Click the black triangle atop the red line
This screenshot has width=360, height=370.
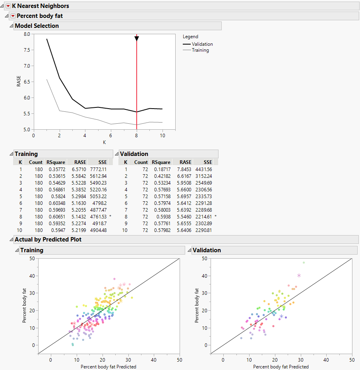pos(137,38)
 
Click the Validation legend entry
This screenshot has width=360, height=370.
pos(202,44)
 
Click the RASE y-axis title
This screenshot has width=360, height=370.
pos(18,82)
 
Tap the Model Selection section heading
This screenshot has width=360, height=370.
pos(37,26)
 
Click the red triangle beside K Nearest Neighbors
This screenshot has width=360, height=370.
pos(8,6)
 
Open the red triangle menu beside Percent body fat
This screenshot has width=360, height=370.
pos(13,16)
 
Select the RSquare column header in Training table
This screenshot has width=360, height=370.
pos(56,162)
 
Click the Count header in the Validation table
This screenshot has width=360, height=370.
pos(141,162)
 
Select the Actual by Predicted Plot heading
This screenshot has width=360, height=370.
pos(48,240)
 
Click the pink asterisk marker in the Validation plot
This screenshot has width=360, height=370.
pos(299,275)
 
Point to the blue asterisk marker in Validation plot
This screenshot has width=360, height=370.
pos(281,316)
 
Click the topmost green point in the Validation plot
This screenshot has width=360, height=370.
pos(304,263)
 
